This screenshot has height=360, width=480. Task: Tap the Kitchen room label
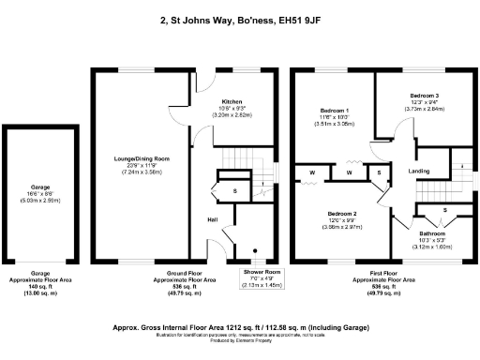click(x=232, y=100)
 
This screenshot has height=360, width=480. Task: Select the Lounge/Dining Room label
click(x=142, y=160)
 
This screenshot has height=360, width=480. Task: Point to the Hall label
click(x=214, y=219)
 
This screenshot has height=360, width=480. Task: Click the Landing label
click(x=419, y=172)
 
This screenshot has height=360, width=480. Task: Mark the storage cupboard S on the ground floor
click(x=235, y=191)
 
